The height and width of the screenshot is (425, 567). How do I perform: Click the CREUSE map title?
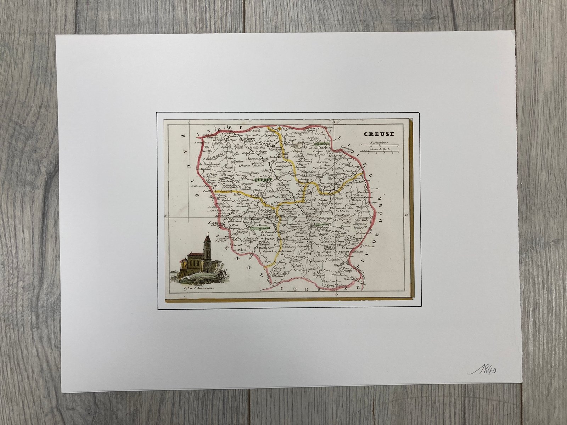379,134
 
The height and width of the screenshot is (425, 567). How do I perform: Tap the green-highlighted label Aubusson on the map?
320,225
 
